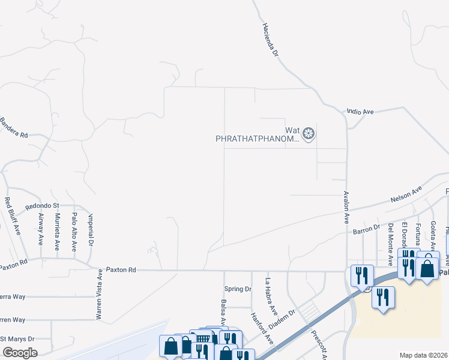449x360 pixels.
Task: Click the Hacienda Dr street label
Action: [x=271, y=40]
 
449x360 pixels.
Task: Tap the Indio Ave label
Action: [x=360, y=112]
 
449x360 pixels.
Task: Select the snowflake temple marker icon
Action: [x=309, y=133]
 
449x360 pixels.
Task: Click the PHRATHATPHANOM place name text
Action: [x=257, y=139]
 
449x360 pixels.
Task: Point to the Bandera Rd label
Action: [x=14, y=128]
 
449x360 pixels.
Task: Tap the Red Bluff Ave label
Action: [x=13, y=215]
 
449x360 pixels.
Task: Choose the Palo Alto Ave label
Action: [x=74, y=232]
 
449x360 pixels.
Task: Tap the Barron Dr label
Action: [x=367, y=228]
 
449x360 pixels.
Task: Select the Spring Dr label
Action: [x=237, y=289]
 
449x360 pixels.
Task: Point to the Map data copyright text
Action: [x=423, y=355]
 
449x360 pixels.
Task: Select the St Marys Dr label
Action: [x=17, y=339]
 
